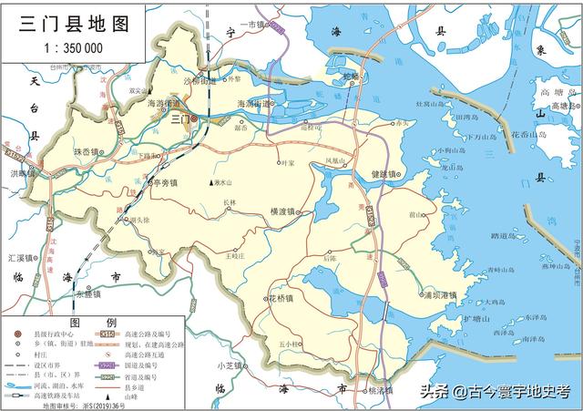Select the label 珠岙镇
pyautogui.click(x=88, y=151)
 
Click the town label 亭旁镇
pyautogui.click(x=165, y=182)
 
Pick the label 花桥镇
pyautogui.click(x=282, y=298)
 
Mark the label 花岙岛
pyautogui.click(x=528, y=134)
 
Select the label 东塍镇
pyautogui.click(x=89, y=295)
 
